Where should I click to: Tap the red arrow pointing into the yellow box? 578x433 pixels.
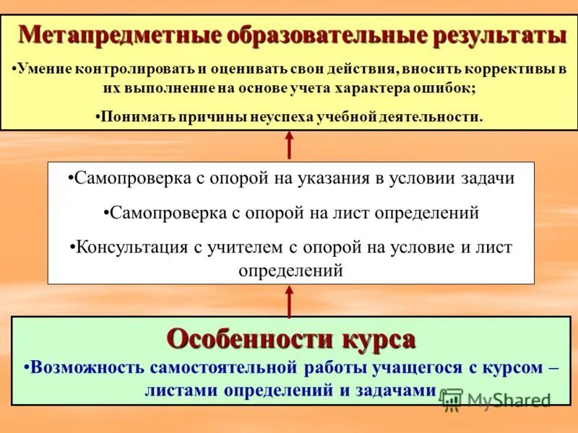coord(289,144)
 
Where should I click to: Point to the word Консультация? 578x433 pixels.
coord(131,248)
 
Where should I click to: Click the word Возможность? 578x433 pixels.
coord(86,367)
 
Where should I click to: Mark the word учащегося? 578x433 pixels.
coord(415,367)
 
